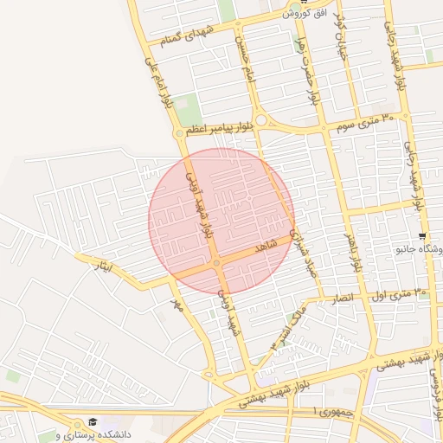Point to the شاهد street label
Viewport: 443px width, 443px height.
(263, 248)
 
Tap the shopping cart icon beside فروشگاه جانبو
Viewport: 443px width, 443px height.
(421, 236)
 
